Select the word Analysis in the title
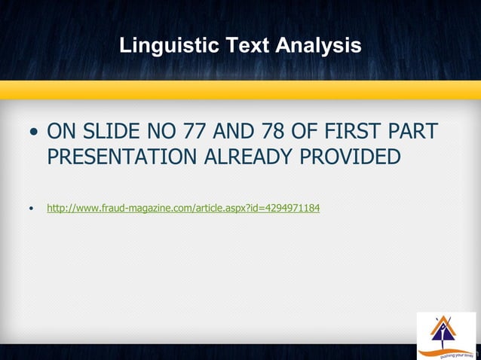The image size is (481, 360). pos(318,46)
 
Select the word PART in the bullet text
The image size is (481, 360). pos(415,132)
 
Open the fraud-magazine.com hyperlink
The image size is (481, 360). pos(183,207)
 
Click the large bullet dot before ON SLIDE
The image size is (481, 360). pos(33,133)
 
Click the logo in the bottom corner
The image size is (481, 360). pos(446,334)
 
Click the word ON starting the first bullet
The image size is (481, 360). pos(60,132)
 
